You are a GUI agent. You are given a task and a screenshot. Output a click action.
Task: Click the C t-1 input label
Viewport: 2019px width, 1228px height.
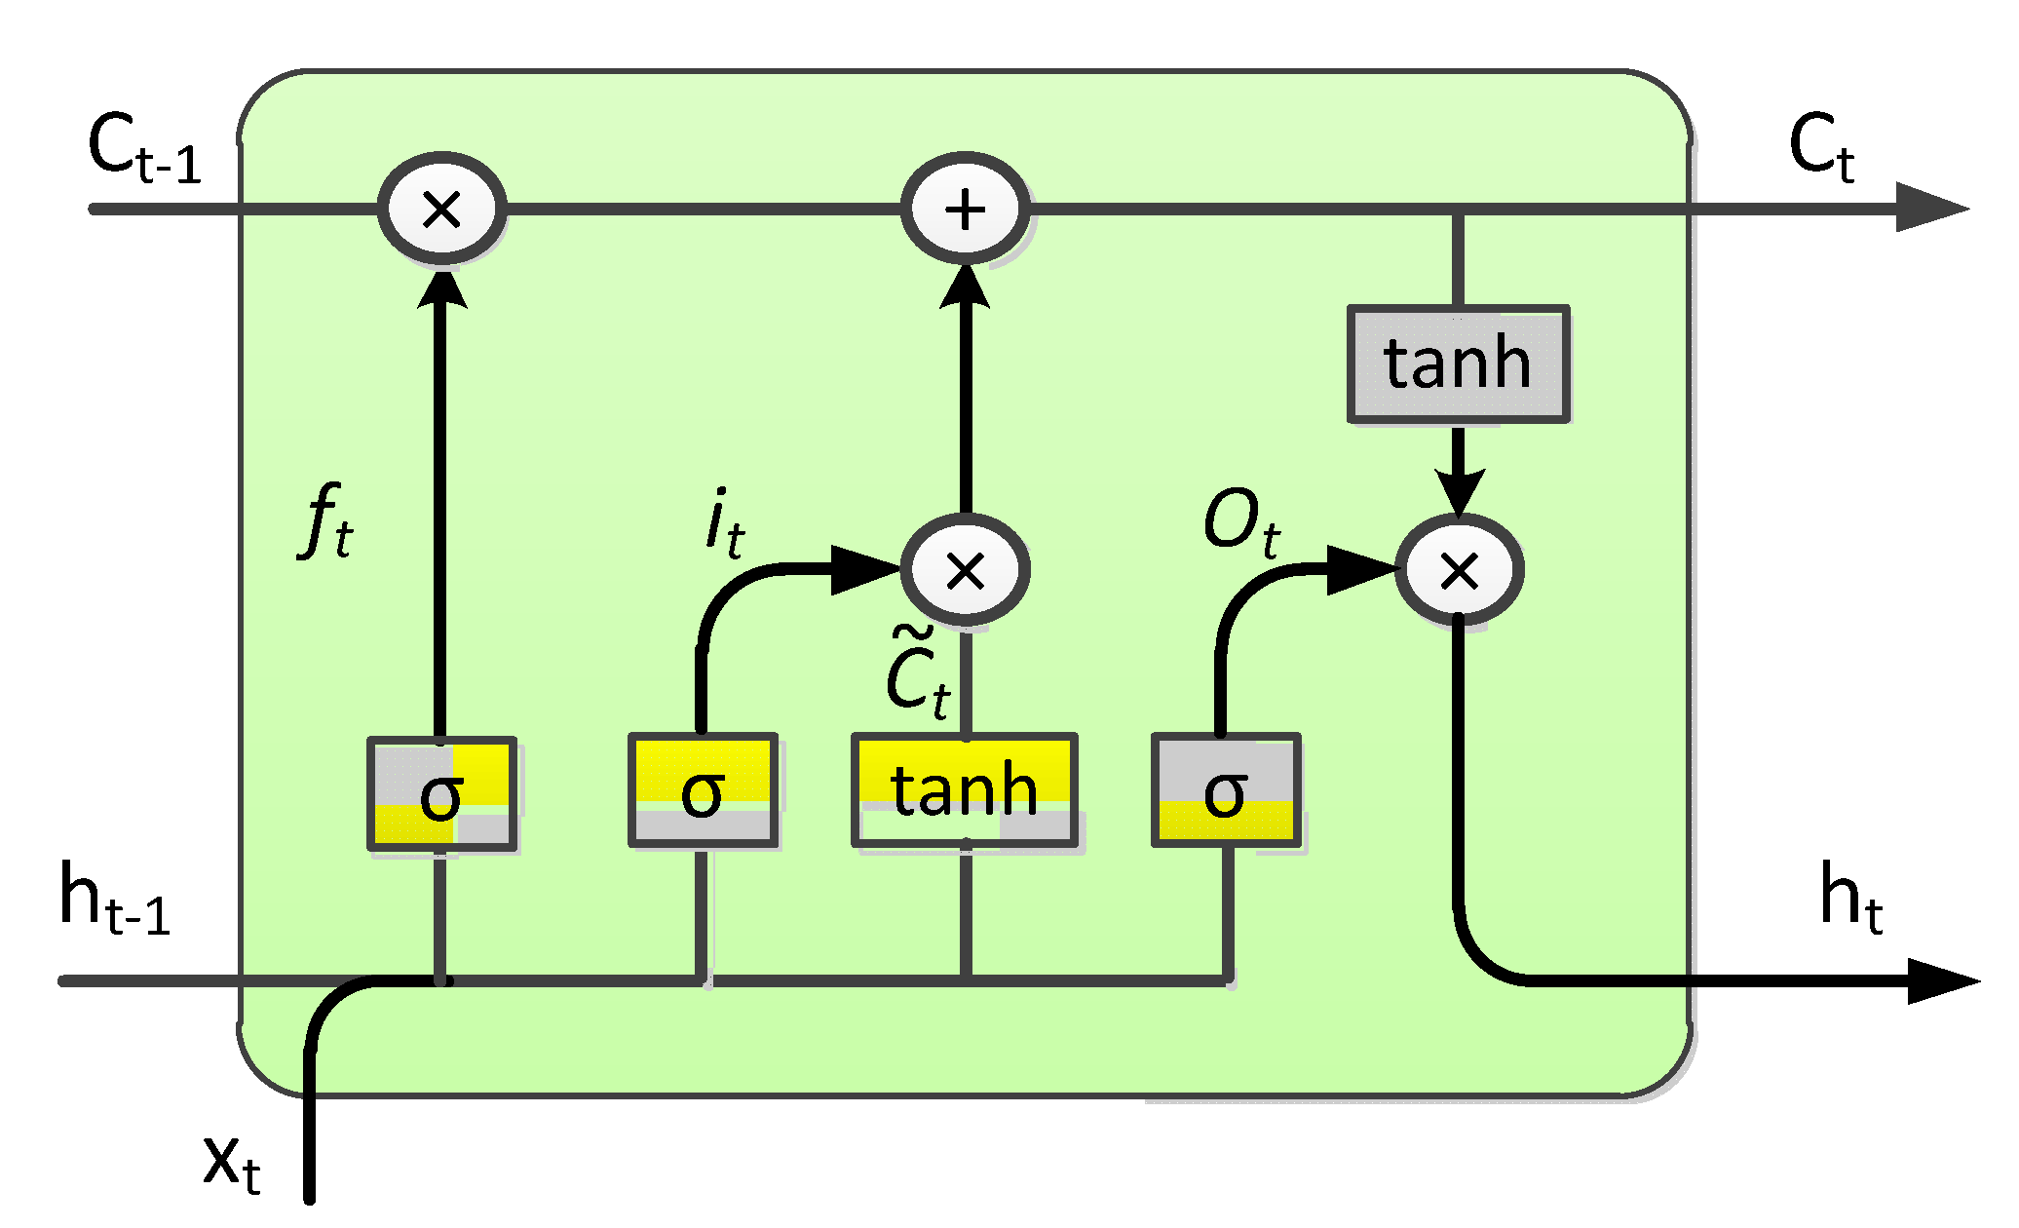click(x=144, y=148)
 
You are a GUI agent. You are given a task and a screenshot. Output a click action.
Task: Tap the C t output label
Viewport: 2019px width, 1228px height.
click(x=1820, y=148)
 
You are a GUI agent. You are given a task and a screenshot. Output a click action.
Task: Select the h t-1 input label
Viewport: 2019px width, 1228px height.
click(x=115, y=899)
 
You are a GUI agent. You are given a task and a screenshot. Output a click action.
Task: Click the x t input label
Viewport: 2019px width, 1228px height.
click(x=232, y=1162)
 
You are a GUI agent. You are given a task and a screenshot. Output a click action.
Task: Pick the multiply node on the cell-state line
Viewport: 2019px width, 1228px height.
click(x=441, y=209)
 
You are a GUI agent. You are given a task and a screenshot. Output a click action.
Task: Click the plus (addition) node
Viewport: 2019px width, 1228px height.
click(x=965, y=209)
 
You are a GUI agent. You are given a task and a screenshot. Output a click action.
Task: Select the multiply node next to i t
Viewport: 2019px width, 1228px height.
click(x=965, y=570)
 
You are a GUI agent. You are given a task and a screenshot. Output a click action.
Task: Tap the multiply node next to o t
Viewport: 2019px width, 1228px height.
click(x=1459, y=570)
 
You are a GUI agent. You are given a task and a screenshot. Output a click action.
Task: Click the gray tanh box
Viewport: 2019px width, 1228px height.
click(x=1458, y=364)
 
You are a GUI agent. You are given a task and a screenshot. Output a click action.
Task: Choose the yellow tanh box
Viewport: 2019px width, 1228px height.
click(x=965, y=789)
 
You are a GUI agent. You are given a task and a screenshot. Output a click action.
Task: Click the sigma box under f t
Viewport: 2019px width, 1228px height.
click(x=441, y=793)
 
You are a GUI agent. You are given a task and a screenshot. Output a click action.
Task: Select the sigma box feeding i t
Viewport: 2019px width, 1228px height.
click(x=703, y=790)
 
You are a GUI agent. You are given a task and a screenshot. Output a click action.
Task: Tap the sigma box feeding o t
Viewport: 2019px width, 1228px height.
click(x=1226, y=790)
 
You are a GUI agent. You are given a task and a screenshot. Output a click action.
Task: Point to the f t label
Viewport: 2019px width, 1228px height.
click(x=325, y=522)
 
